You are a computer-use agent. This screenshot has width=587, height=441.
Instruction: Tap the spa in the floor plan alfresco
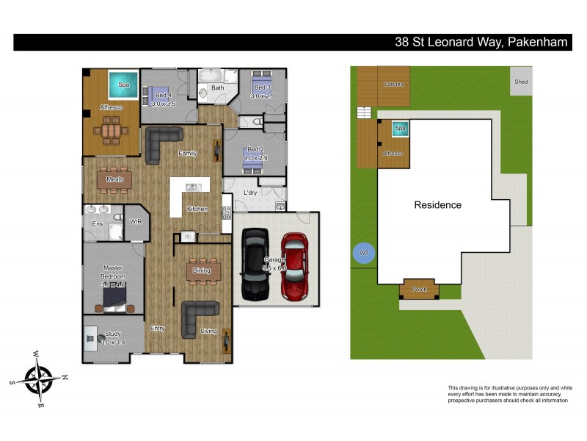point(123,85)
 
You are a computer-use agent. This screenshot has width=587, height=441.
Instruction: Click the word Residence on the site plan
point(437,205)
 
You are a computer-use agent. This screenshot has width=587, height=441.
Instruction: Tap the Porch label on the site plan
point(419,290)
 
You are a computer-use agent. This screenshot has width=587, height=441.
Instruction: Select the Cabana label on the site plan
point(393,85)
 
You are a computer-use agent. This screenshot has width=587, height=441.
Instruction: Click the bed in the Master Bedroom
point(113,297)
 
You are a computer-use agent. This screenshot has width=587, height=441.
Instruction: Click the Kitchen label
point(197,209)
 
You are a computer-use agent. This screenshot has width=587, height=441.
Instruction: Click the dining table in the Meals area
point(114,179)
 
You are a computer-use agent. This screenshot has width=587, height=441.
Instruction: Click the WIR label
point(135,220)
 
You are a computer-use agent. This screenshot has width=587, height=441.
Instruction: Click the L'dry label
point(251,193)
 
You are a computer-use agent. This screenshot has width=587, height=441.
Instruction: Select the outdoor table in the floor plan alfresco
point(112,132)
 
